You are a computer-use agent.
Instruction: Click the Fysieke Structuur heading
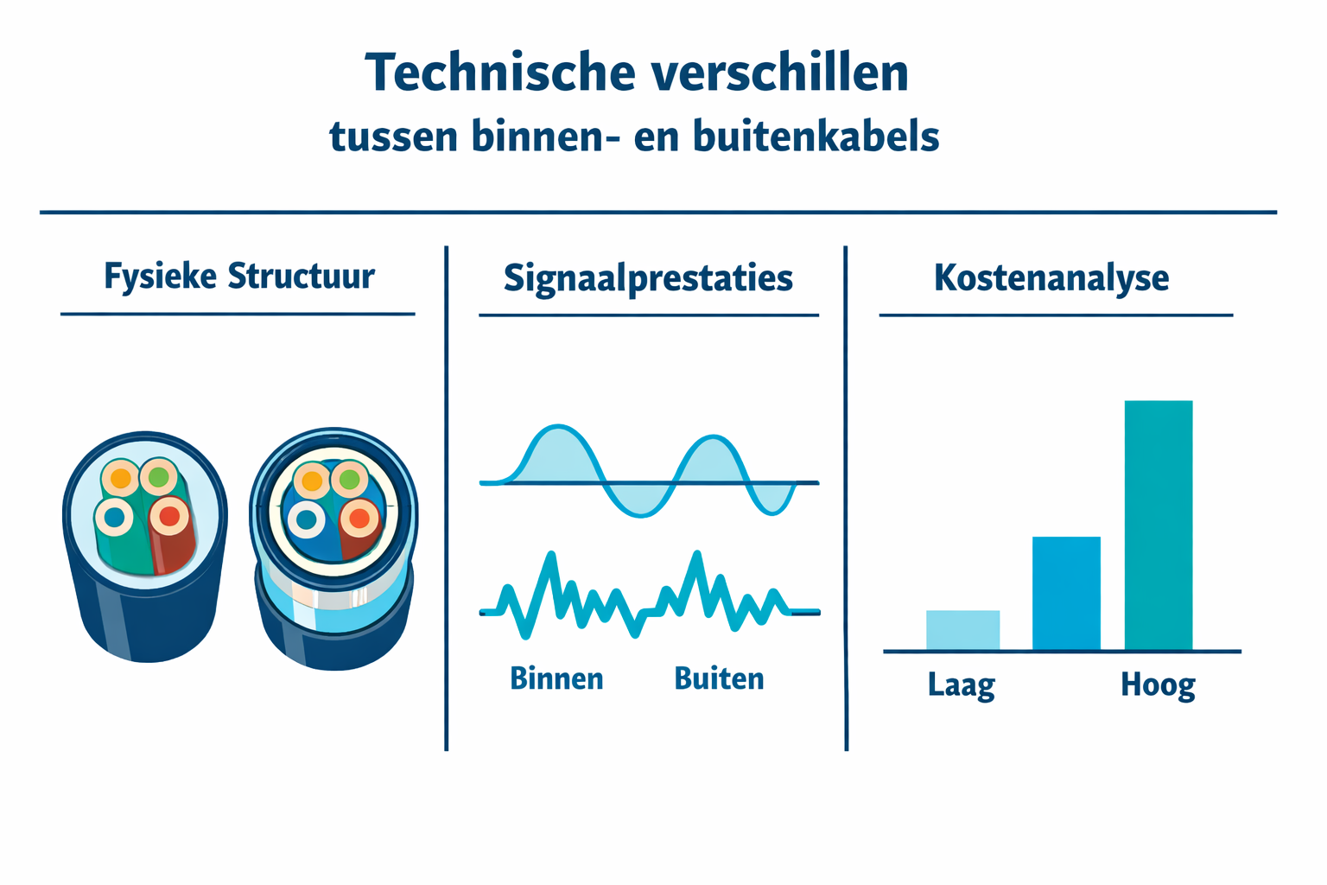point(238,277)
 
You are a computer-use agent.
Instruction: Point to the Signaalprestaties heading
point(648,278)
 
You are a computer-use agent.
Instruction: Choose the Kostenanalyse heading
point(1051,278)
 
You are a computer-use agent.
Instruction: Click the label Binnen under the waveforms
point(556,678)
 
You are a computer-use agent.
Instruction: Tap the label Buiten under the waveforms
point(719,678)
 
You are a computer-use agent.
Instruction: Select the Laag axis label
point(962,685)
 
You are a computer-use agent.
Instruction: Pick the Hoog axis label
point(1158,685)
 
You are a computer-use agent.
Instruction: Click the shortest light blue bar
point(962,630)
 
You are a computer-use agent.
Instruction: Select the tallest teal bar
point(1158,525)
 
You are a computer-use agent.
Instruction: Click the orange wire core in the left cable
point(121,478)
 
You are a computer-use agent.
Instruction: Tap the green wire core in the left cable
point(159,476)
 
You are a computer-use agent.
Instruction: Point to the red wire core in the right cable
point(359,519)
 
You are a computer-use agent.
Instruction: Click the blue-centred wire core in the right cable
point(306,519)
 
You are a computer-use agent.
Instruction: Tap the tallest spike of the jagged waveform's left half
point(549,556)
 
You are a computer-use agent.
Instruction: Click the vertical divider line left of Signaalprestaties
point(446,498)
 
